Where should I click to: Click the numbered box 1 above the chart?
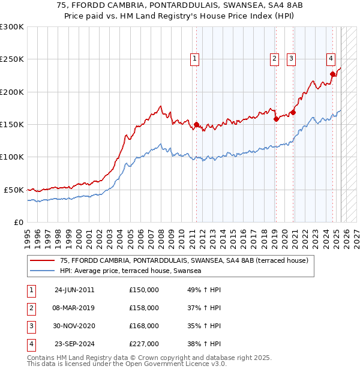click(x=196, y=59)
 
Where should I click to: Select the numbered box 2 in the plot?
click(x=274, y=59)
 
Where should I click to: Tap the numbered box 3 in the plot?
click(x=291, y=59)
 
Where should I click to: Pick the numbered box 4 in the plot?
click(x=331, y=59)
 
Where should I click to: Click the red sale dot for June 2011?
click(x=196, y=124)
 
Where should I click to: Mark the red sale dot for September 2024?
click(x=332, y=74)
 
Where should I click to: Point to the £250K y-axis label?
click(x=12, y=59)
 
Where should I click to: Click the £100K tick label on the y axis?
click(x=12, y=157)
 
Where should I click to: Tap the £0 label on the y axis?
click(x=18, y=222)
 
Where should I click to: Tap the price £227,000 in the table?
click(x=144, y=344)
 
